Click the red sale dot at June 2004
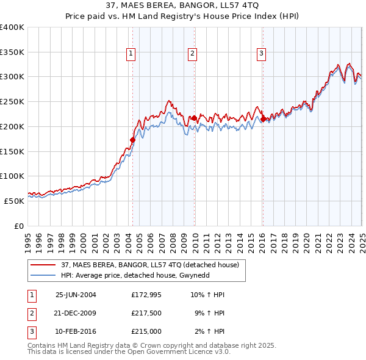[x=132, y=140]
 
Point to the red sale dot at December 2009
[x=194, y=118]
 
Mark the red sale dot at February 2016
[x=263, y=119]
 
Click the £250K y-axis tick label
[x=12, y=102]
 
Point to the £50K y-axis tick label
[x=14, y=201]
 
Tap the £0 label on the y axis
[x=18, y=226]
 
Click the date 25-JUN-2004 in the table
[x=76, y=295]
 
